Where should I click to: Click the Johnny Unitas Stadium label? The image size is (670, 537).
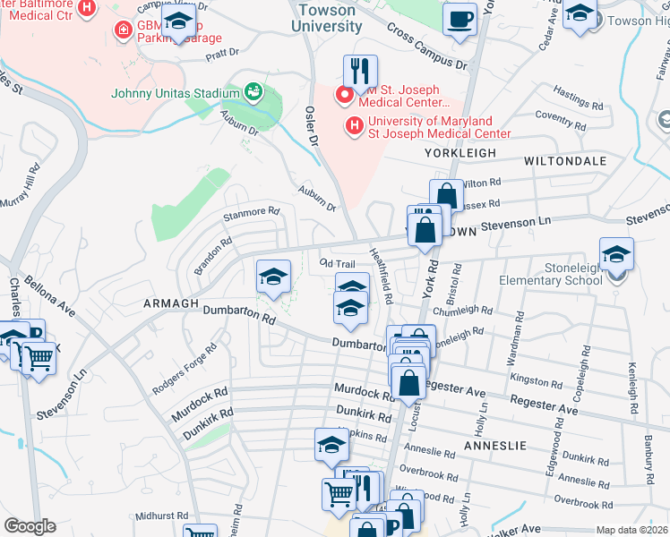tap(175, 93)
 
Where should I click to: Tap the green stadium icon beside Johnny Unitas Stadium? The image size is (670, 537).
tap(253, 92)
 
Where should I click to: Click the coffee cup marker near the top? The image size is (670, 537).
tap(460, 19)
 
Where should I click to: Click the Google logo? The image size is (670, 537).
tap(30, 526)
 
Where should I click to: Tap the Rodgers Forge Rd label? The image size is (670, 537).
tap(185, 364)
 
